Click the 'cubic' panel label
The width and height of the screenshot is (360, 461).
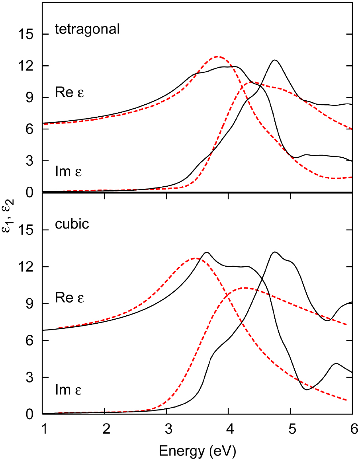(x=72, y=224)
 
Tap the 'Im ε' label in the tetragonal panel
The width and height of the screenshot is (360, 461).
(x=68, y=172)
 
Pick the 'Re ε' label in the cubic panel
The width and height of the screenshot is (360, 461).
(x=69, y=297)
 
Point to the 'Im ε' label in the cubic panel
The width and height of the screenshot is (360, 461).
(x=68, y=390)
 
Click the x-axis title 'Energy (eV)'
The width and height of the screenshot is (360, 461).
(x=198, y=451)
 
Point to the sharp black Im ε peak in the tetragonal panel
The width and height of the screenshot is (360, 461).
(x=275, y=60)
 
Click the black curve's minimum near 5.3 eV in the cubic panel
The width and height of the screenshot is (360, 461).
(x=307, y=389)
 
